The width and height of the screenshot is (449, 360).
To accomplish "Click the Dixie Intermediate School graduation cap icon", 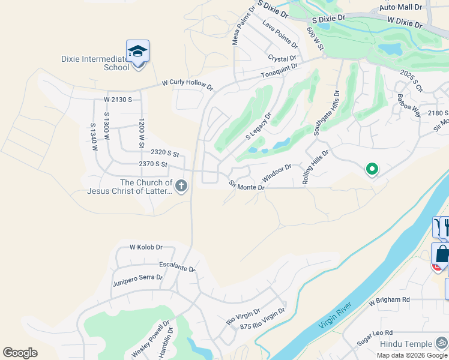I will point(137,51).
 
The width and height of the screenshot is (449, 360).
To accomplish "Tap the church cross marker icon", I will point(181,187).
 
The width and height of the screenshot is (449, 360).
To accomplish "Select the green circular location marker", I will point(372,170).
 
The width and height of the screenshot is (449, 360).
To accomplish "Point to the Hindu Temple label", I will point(406,344).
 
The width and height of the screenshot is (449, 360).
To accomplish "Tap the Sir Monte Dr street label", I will point(246,186).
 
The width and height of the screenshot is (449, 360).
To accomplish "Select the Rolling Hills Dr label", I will point(316,167).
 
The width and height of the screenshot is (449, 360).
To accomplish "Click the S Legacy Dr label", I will point(259,127).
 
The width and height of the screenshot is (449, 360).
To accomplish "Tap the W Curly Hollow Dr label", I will point(187,86).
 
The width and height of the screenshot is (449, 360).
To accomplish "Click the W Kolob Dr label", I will point(146,247).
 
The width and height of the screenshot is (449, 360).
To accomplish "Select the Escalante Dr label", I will point(178,266).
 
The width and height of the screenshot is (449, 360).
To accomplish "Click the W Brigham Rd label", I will point(389,299).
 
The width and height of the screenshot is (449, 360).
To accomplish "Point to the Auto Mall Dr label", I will point(402,7).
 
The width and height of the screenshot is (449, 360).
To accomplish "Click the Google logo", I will point(20,353).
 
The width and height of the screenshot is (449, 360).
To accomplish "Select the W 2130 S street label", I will point(118,99).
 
